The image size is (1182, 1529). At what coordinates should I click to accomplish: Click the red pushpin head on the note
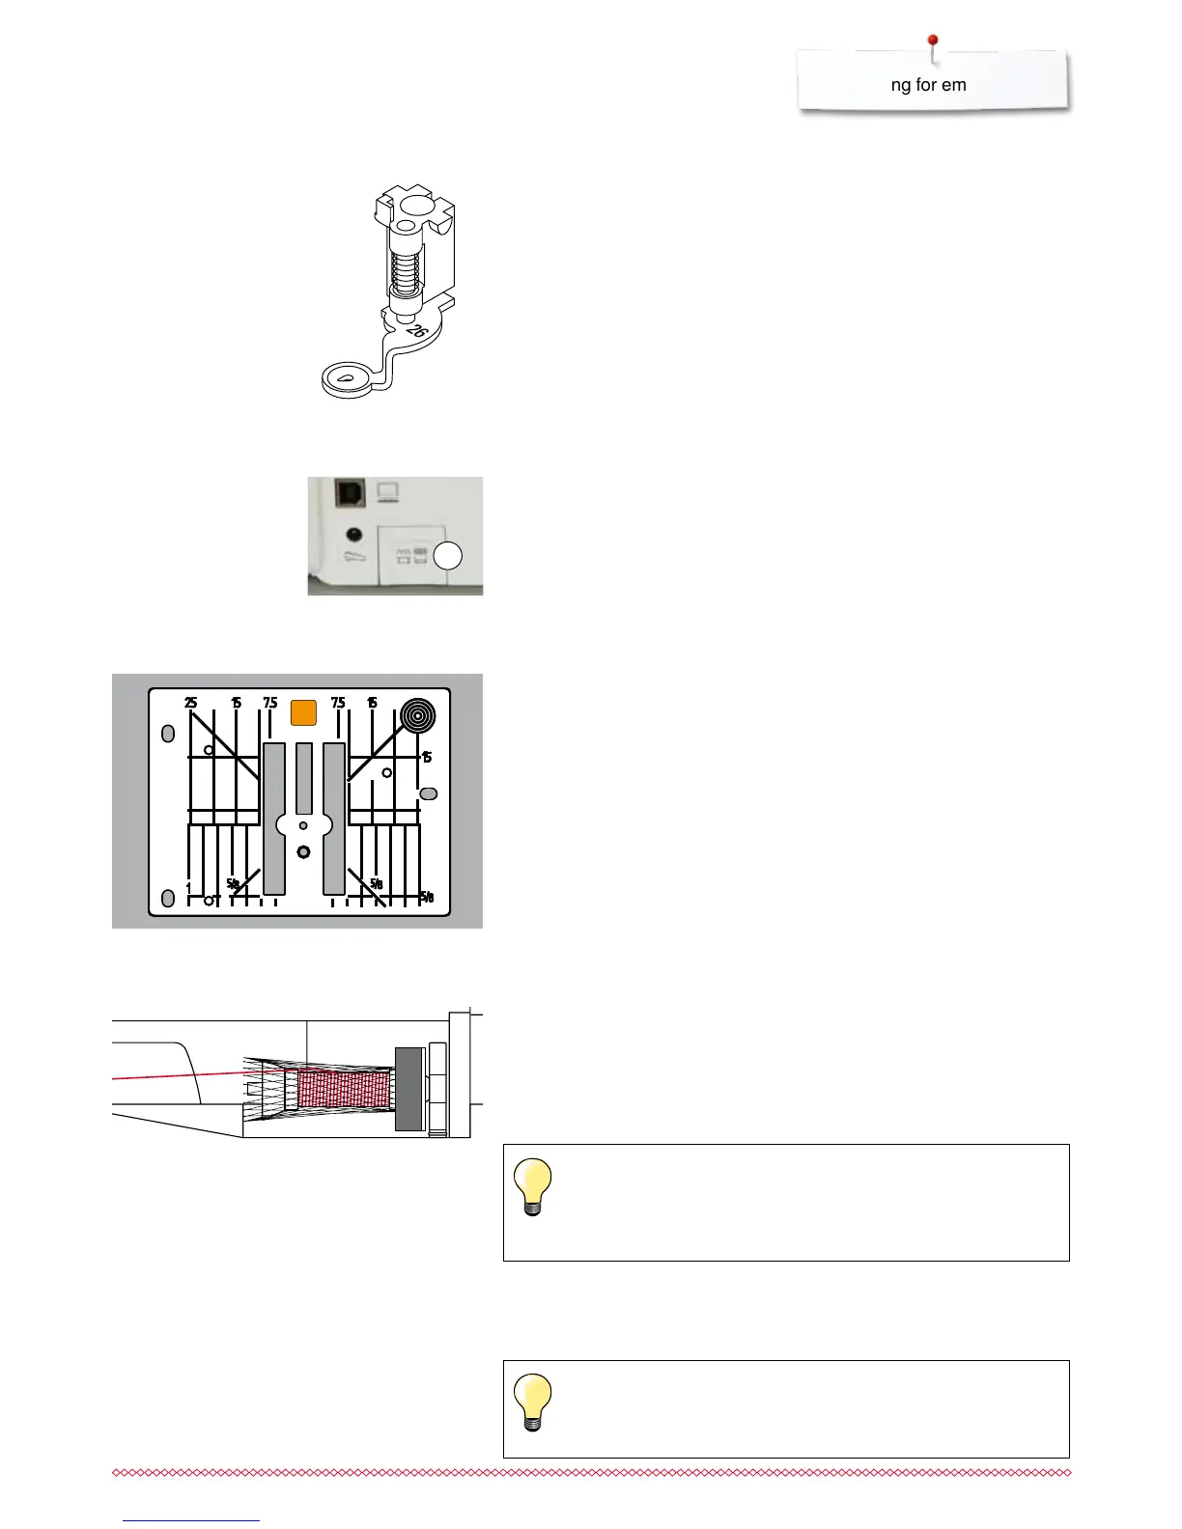click(x=933, y=41)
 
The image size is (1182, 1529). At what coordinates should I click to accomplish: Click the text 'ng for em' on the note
click(x=928, y=85)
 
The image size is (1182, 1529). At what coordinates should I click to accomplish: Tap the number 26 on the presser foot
click(x=417, y=331)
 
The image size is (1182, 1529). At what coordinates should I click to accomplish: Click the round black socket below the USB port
click(x=353, y=534)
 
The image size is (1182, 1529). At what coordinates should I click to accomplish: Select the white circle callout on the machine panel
click(x=448, y=556)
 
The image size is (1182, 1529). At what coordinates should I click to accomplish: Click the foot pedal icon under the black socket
click(x=354, y=561)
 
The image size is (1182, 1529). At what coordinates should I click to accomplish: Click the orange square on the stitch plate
click(x=303, y=712)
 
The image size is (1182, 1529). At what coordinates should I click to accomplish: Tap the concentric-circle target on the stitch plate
click(x=418, y=717)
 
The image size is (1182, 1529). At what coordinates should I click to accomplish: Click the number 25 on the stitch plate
click(x=191, y=703)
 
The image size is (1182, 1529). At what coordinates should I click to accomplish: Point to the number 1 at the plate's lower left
click(x=188, y=886)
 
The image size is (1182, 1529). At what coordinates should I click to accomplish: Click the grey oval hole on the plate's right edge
click(x=429, y=793)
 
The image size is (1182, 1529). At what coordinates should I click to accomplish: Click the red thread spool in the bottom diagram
click(x=343, y=1088)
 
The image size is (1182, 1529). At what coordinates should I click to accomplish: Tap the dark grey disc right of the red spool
click(x=408, y=1088)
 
